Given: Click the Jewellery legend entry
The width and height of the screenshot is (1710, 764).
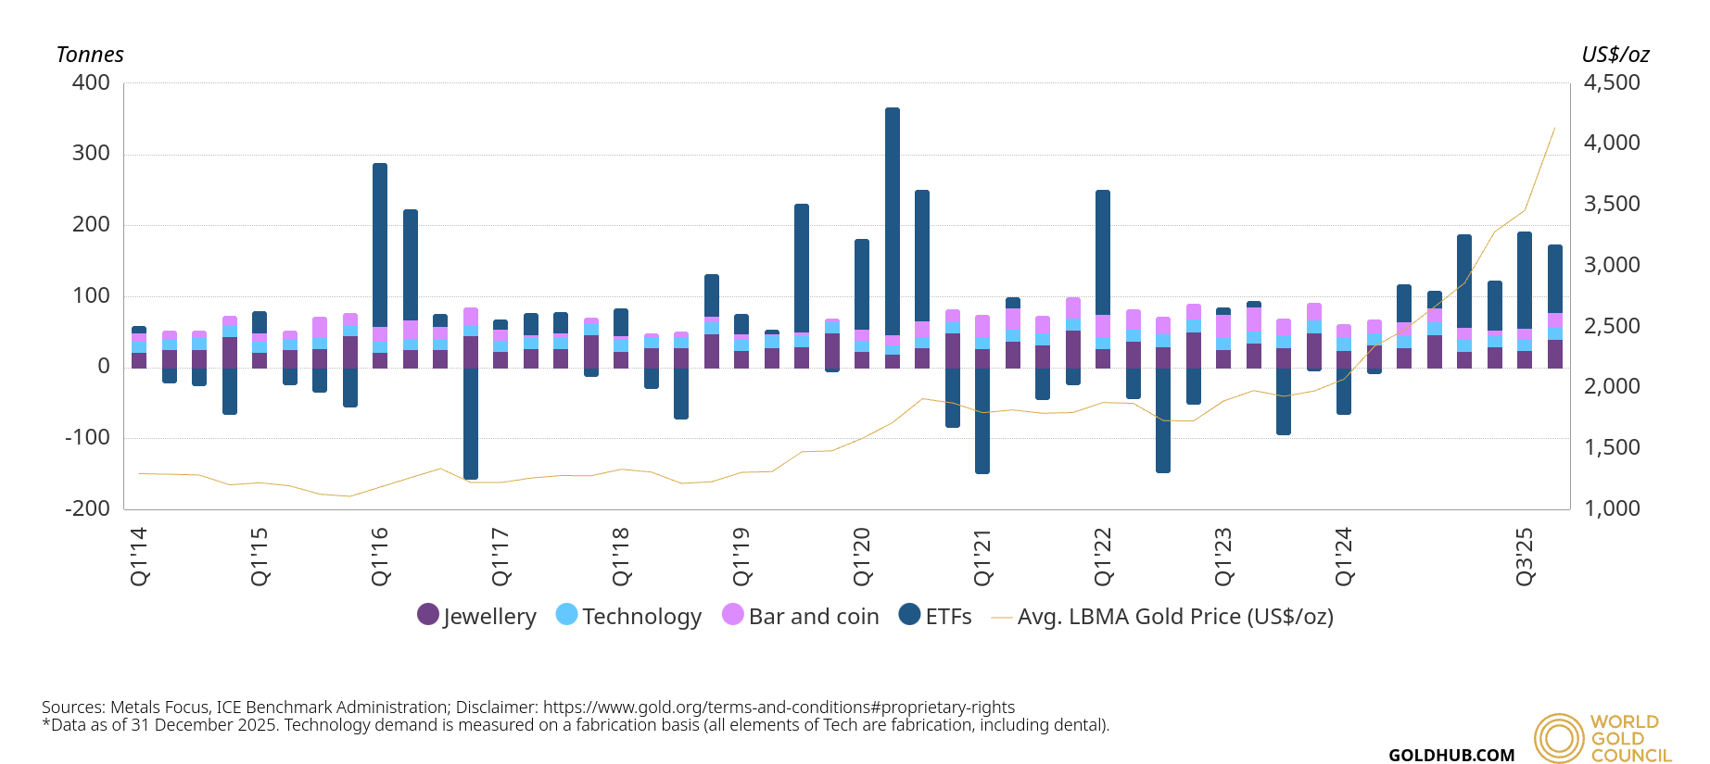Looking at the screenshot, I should coord(477,616).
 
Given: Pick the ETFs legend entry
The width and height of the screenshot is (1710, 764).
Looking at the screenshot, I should coord(935,616).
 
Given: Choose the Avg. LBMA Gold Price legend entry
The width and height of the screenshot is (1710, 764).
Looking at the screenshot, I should coord(1163,616).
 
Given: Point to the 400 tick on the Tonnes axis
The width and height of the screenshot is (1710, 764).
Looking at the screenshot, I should coord(91,82).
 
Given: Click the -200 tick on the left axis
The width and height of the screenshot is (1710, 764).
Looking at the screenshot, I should coord(87,508).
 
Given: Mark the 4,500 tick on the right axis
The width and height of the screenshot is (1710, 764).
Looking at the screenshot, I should coord(1612,82).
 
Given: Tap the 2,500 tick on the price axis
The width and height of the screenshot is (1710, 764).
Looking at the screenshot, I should coord(1612,326).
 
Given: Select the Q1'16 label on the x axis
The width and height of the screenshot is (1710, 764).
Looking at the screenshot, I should coord(380,557).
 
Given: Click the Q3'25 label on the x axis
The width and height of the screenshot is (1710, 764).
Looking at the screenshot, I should coord(1525,557).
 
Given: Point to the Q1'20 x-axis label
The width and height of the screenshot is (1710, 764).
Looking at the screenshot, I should coord(862,557).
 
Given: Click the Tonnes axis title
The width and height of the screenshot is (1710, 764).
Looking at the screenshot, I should coord(90,55).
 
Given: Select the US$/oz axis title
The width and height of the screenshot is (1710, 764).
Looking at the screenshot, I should coord(1615,55).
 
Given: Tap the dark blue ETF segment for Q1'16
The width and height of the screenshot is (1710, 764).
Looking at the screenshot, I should coord(380,244).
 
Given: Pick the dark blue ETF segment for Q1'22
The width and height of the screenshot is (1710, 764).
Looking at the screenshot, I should coord(1103,252).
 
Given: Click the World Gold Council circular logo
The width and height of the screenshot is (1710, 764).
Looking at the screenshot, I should coord(1559,738).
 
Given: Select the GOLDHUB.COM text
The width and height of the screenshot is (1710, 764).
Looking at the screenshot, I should coord(1451,756).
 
